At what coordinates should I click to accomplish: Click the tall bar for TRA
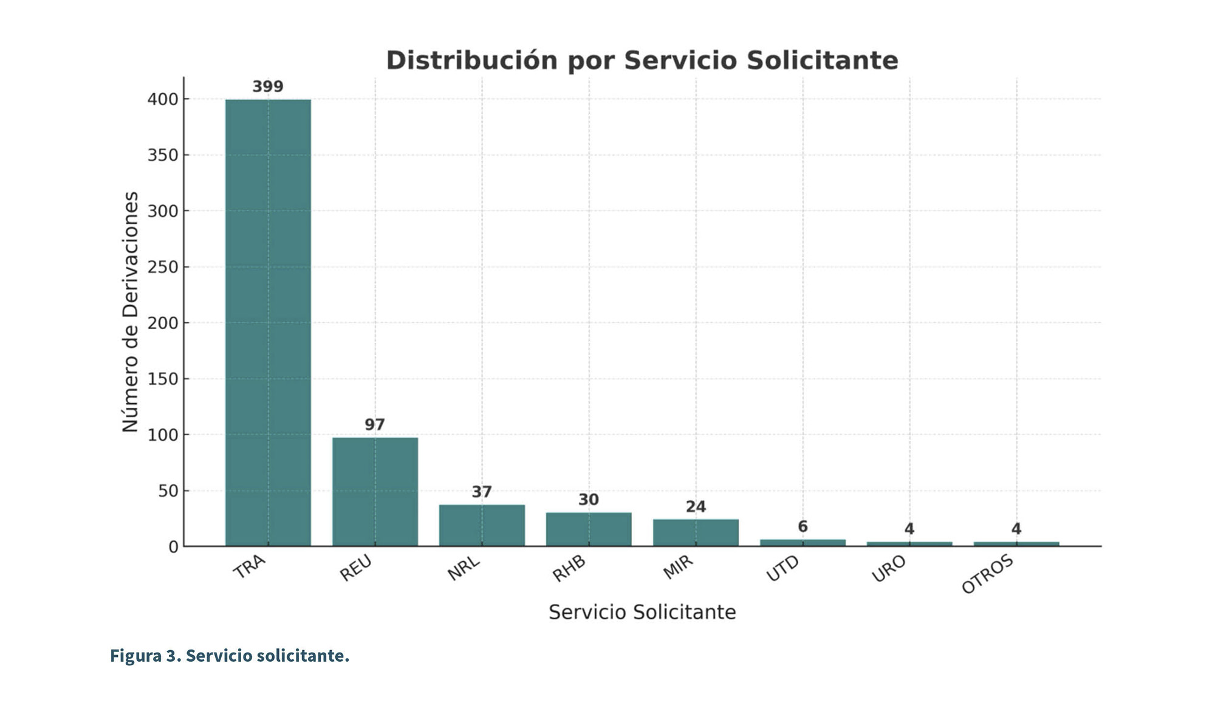tap(268, 322)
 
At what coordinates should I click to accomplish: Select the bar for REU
tap(375, 492)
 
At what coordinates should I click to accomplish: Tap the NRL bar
tap(482, 525)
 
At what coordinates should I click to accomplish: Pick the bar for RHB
tap(589, 529)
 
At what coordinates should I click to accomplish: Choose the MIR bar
tap(696, 532)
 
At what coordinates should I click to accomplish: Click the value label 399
tap(268, 87)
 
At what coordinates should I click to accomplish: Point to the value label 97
tap(375, 425)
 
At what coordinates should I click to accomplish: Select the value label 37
tap(482, 492)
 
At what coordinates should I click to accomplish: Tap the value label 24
tap(696, 507)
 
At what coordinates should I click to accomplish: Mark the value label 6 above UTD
tap(803, 527)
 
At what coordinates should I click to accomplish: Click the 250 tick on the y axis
tap(163, 267)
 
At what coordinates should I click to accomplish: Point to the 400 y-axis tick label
tap(163, 99)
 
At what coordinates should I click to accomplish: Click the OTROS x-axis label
tap(987, 574)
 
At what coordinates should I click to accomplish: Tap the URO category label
tap(888, 569)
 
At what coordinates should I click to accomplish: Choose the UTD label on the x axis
tap(782, 569)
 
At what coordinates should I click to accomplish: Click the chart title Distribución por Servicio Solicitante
tap(642, 61)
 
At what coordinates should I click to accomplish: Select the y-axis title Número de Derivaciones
tap(131, 312)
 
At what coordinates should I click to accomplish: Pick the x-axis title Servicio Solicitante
tap(642, 612)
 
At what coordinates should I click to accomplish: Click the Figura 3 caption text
tap(230, 656)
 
